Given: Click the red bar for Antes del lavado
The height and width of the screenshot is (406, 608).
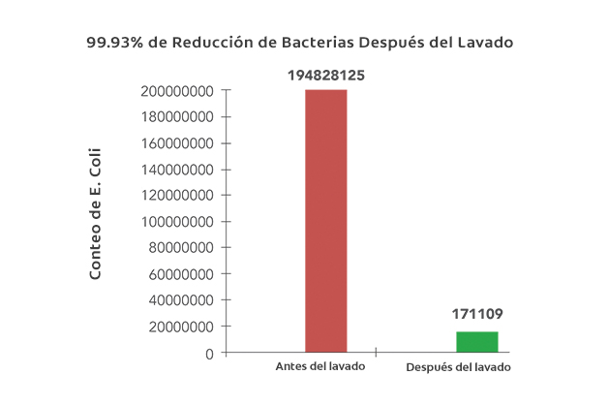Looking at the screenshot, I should pyautogui.click(x=325, y=221).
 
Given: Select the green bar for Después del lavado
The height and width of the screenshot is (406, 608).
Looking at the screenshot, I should pyautogui.click(x=477, y=342).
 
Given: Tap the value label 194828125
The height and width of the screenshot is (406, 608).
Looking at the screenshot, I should pyautogui.click(x=325, y=75).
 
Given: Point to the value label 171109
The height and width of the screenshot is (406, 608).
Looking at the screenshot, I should pyautogui.click(x=477, y=315).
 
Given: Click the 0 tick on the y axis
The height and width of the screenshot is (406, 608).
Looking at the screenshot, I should pyautogui.click(x=209, y=354).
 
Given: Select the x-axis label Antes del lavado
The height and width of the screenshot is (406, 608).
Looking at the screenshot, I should pyautogui.click(x=319, y=367).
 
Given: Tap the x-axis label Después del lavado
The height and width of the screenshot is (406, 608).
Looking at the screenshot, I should pyautogui.click(x=457, y=368).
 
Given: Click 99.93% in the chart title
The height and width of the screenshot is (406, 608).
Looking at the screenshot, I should pyautogui.click(x=112, y=44).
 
